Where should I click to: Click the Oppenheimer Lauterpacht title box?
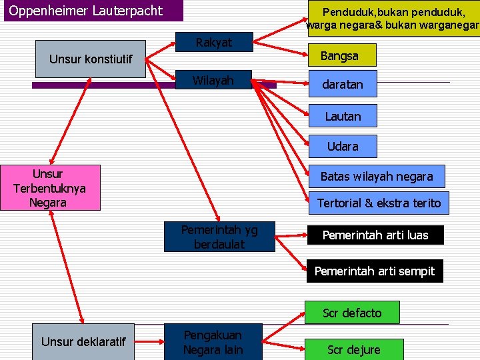tap(85, 11)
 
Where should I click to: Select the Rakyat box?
tap(213, 43)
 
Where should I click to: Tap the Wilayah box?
tap(213, 81)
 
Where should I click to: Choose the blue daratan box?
tap(343, 85)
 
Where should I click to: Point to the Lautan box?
tap(343, 116)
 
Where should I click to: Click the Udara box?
tap(343, 146)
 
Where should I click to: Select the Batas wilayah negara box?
tap(377, 177)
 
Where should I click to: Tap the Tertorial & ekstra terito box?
tap(378, 203)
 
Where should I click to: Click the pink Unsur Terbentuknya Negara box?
tap(50, 188)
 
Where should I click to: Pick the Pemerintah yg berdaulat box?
tap(219, 237)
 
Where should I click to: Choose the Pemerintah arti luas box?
tap(375, 235)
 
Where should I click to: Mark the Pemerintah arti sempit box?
tap(375, 271)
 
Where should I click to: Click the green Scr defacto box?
tap(352, 313)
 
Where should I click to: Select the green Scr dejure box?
tap(354, 349)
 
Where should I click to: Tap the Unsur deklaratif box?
tap(83, 342)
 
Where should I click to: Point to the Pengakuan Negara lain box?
tap(213, 342)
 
